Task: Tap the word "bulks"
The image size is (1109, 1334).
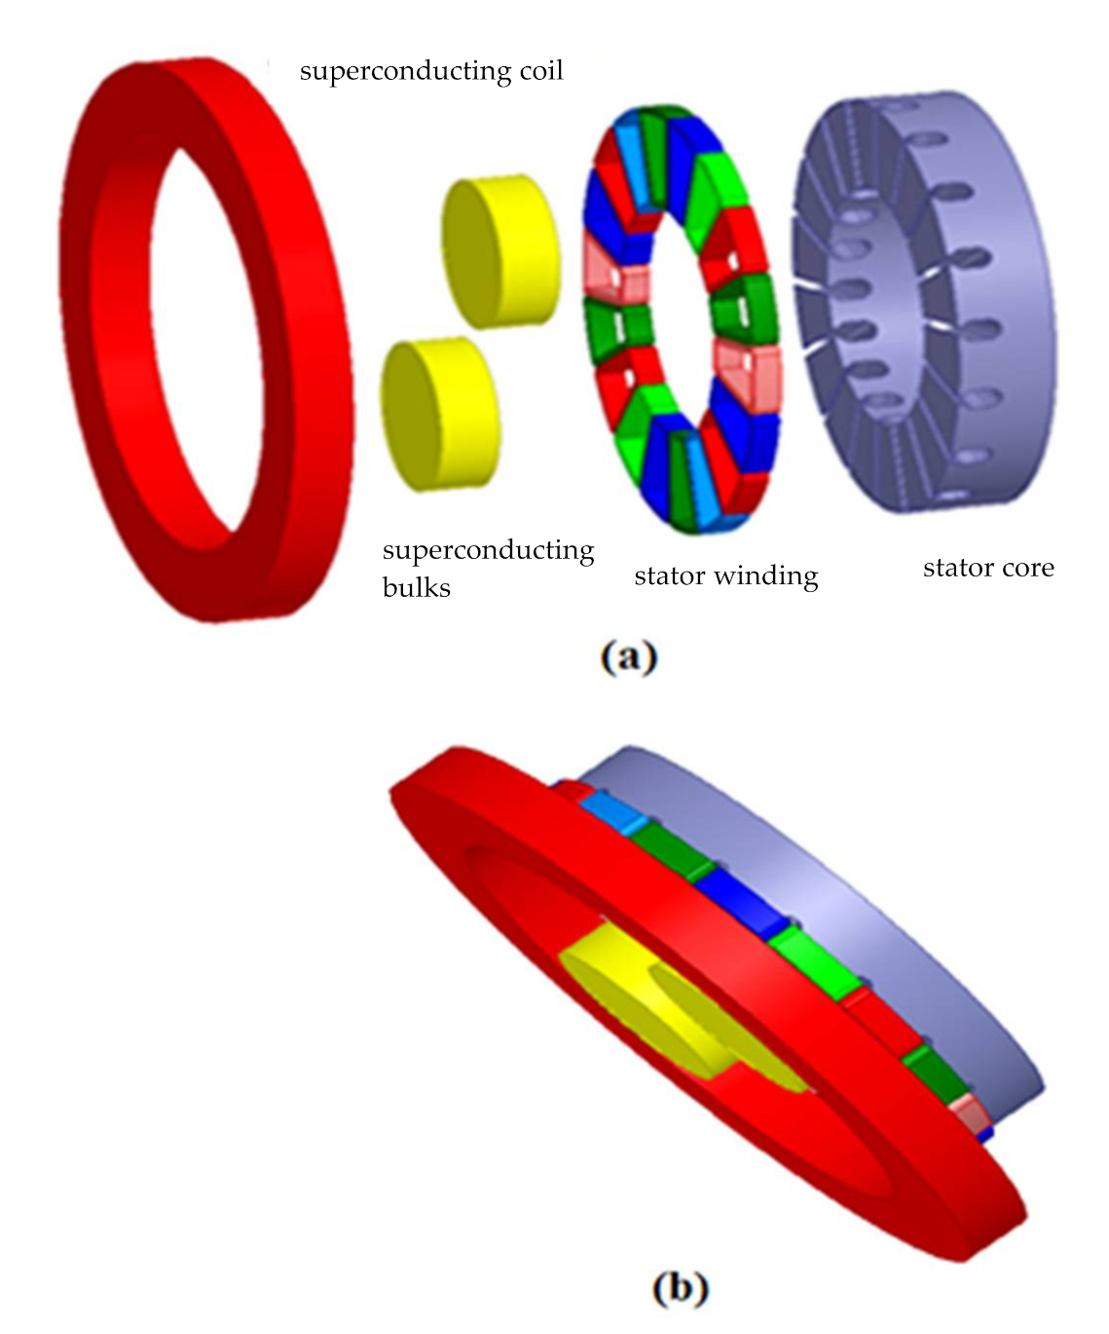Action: pos(416,588)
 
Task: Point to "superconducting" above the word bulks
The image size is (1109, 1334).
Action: pos(488,551)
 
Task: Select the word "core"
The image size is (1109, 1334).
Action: pos(1026,568)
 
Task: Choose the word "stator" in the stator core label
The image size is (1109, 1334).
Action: pos(955,568)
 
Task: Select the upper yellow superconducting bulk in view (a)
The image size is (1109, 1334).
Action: pos(500,241)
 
